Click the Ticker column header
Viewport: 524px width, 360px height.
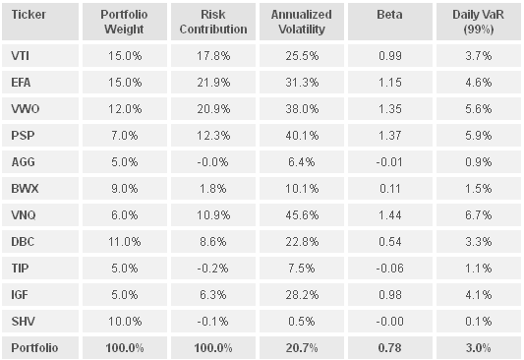pyautogui.click(x=29, y=15)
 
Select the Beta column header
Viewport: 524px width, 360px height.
pyautogui.click(x=389, y=15)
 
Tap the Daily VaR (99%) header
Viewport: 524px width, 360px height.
pyautogui.click(x=478, y=22)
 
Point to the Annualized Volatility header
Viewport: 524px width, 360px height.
pyautogui.click(x=302, y=22)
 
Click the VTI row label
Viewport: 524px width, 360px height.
pyautogui.click(x=20, y=55)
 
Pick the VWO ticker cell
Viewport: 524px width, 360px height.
pyautogui.click(x=26, y=108)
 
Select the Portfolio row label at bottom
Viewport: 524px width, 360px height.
pyautogui.click(x=34, y=348)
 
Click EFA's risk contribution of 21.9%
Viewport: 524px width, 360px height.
pyautogui.click(x=213, y=83)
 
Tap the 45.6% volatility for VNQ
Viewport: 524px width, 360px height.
pyautogui.click(x=302, y=215)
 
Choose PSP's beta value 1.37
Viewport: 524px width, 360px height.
pyautogui.click(x=390, y=136)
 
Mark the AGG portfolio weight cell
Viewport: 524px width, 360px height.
pyautogui.click(x=125, y=162)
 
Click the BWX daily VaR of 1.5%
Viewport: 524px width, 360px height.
pyautogui.click(x=479, y=189)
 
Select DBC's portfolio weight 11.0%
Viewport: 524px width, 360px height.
pyautogui.click(x=125, y=242)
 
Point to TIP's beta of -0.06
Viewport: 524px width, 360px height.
pyautogui.click(x=389, y=269)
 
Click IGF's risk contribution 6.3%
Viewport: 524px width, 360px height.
pyautogui.click(x=213, y=295)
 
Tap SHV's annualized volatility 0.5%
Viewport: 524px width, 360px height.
pyautogui.click(x=302, y=322)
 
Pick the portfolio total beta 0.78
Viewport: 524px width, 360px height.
pyautogui.click(x=390, y=348)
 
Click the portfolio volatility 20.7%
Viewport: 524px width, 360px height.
pyautogui.click(x=302, y=348)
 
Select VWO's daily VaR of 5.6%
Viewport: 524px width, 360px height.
pyautogui.click(x=479, y=108)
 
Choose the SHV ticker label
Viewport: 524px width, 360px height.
pyautogui.click(x=23, y=322)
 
